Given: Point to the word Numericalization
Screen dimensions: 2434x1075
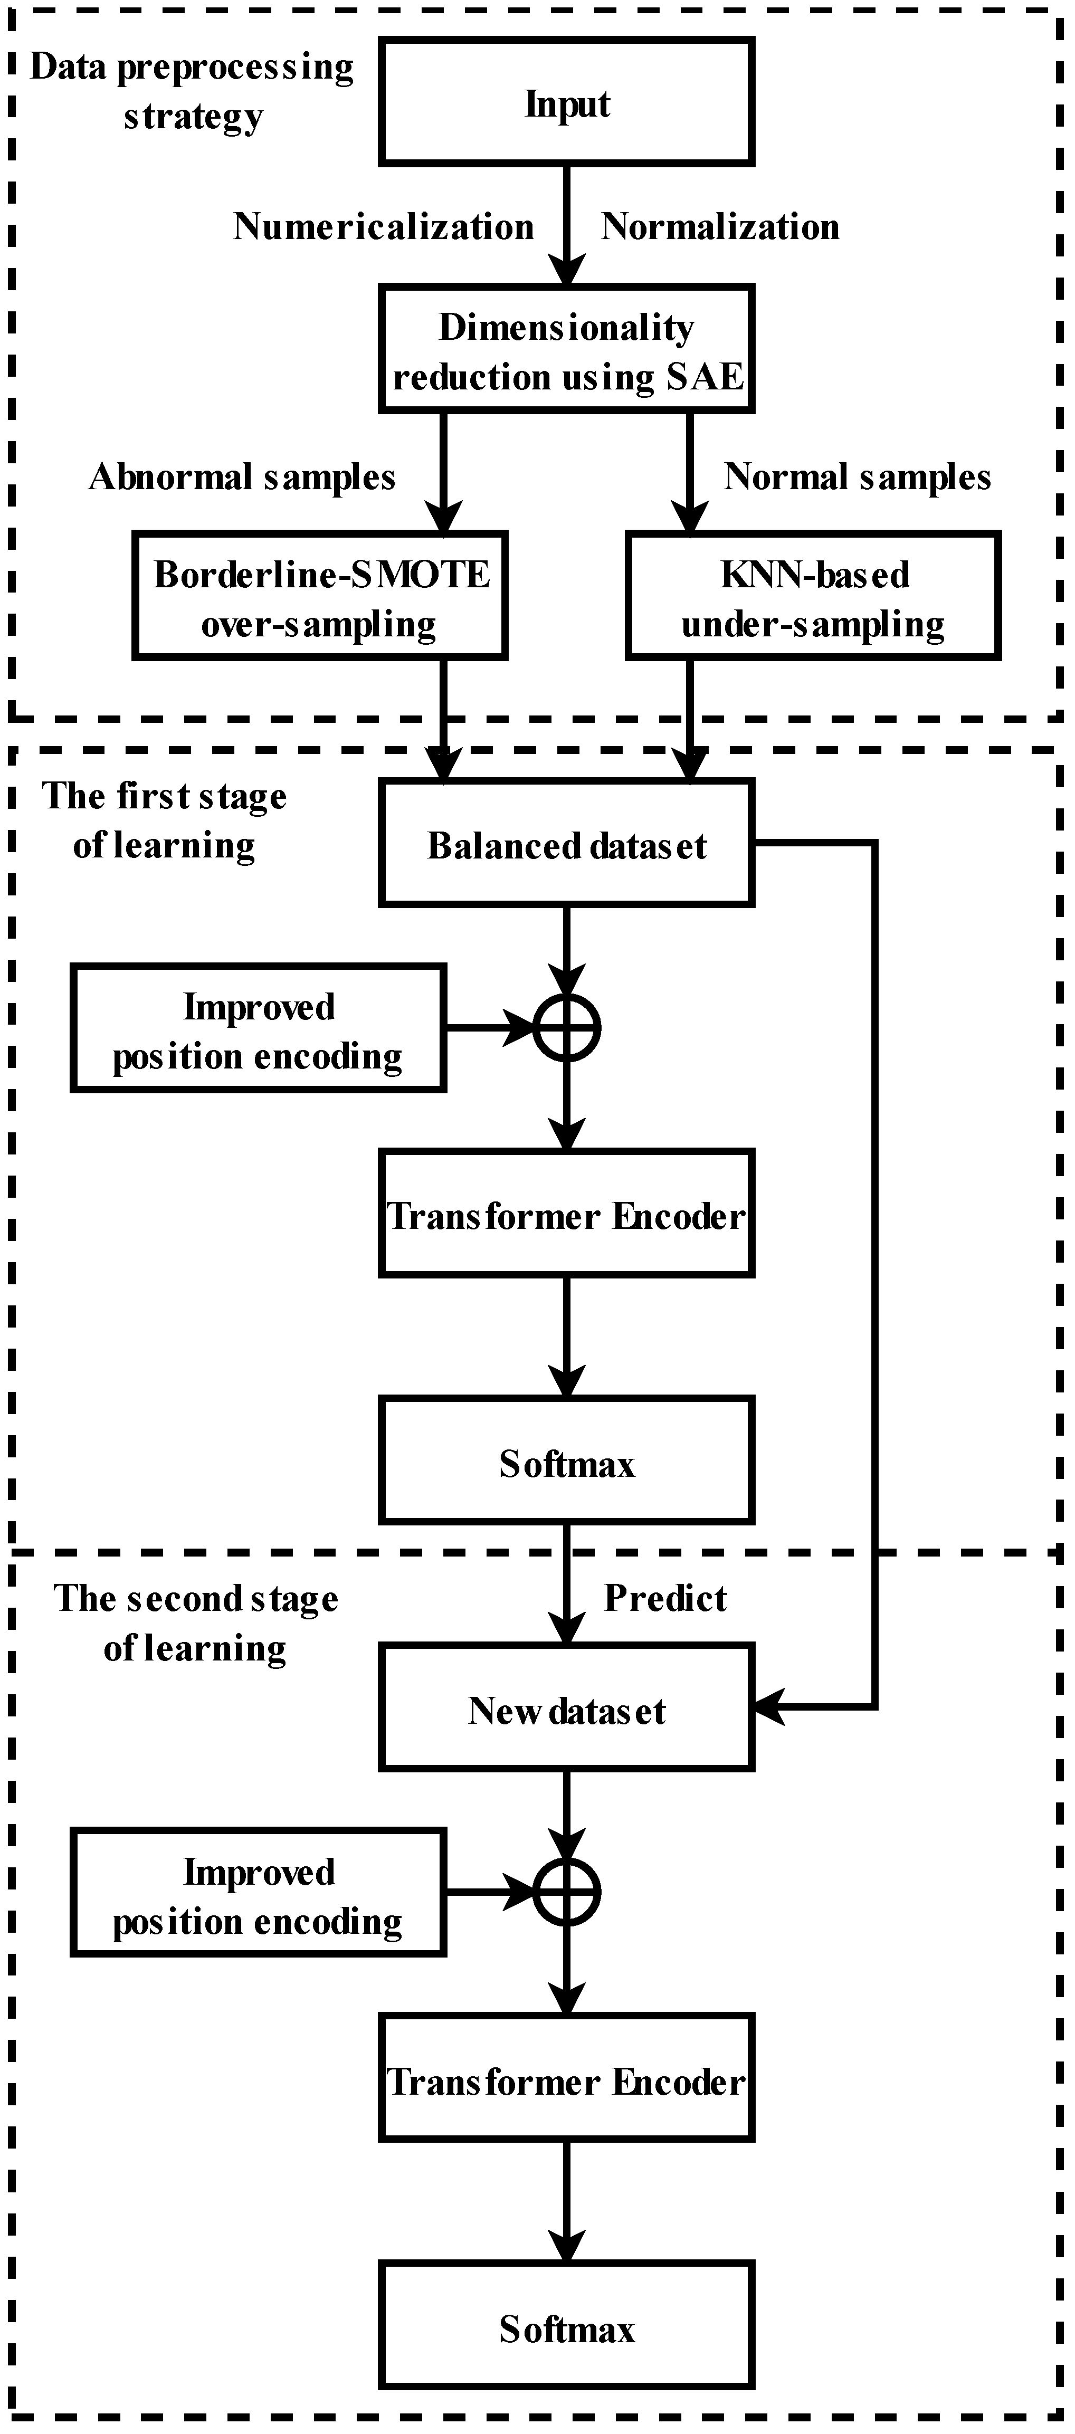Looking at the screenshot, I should click(x=384, y=227).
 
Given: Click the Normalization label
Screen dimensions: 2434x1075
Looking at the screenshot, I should click(x=721, y=227).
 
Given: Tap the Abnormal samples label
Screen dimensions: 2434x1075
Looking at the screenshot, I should click(x=242, y=477).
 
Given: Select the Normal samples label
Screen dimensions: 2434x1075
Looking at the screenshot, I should click(x=857, y=477).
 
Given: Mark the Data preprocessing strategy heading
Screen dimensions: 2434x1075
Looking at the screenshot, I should click(x=193, y=92).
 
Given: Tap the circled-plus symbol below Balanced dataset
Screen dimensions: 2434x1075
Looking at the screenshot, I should click(x=567, y=1027).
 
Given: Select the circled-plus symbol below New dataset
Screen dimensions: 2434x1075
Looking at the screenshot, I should click(x=567, y=1893).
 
